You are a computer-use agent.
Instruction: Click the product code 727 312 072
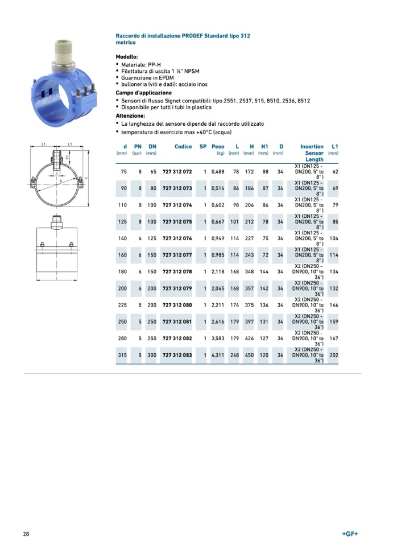[177, 171]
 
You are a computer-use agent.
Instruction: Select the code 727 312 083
[177, 355]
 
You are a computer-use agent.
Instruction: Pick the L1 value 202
[334, 355]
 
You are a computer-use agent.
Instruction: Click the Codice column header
[183, 146]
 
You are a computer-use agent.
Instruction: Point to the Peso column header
[218, 146]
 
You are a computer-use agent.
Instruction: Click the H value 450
[249, 355]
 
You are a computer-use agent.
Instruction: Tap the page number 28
[26, 534]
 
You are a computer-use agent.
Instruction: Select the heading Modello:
[127, 57]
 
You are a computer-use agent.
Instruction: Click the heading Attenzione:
[130, 115]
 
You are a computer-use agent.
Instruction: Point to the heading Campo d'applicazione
[143, 92]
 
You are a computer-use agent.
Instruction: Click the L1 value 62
[336, 171]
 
